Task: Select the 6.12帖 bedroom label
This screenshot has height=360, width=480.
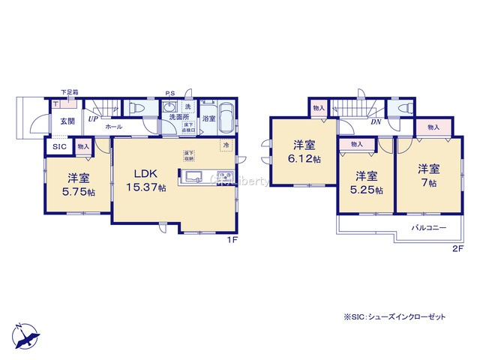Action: pos(303,159)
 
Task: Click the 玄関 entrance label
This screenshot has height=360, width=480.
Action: pos(67,121)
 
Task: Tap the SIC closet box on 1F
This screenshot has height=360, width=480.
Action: pos(58,147)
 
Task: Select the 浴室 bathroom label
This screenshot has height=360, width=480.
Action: pos(209,118)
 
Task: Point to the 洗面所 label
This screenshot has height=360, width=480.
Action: pos(178,118)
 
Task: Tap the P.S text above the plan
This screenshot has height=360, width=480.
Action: pos(170,94)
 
